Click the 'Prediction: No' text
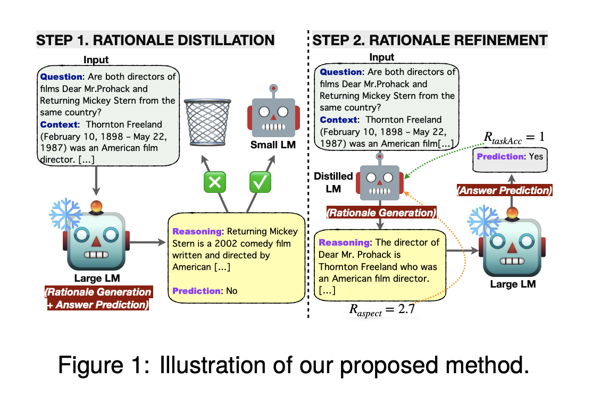point(205,291)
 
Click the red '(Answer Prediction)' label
point(505,190)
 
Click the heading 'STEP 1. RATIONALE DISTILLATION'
point(155,40)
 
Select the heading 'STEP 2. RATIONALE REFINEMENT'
point(430,40)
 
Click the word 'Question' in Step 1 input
point(60,77)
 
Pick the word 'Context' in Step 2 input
point(338,120)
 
